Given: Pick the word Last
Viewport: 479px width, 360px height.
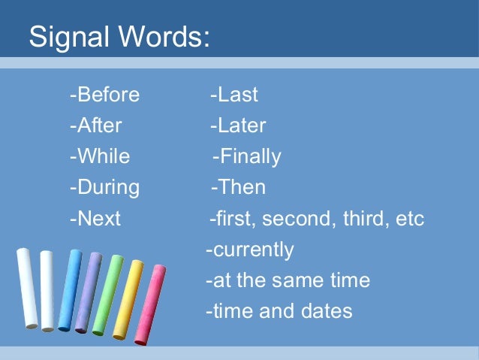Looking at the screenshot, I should point(236,95).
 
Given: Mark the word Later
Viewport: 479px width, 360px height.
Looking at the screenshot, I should point(240,126).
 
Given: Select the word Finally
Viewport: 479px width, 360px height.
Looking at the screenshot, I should point(249,156).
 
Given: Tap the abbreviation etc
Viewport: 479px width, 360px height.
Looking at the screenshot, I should point(410,219).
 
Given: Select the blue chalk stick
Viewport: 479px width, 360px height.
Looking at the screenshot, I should point(69,290).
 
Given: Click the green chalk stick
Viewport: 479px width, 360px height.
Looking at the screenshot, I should point(107,295).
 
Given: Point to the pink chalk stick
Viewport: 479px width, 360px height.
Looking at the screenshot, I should point(149,305).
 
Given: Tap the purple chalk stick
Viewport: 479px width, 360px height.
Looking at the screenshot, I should point(89,292).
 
